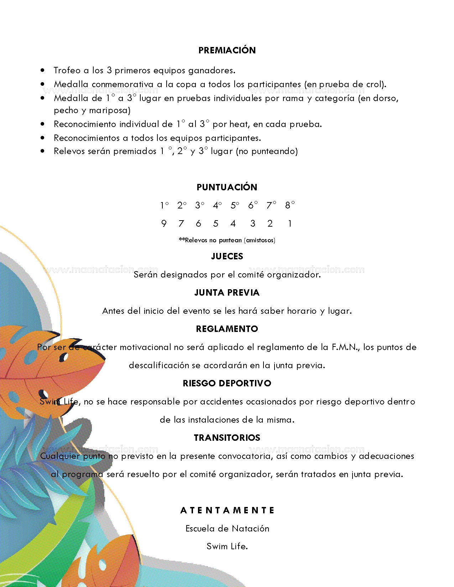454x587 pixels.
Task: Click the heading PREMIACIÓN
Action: [x=227, y=50]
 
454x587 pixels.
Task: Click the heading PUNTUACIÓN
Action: [x=227, y=187]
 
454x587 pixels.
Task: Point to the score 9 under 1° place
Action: [x=164, y=223]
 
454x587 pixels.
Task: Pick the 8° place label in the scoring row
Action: [x=290, y=205]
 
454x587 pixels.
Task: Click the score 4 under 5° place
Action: [x=233, y=223]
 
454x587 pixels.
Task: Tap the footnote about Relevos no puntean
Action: [x=227, y=240]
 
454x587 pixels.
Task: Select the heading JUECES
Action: [x=227, y=256]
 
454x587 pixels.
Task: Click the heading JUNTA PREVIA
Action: [x=227, y=292]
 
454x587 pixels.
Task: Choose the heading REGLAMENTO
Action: [x=227, y=329]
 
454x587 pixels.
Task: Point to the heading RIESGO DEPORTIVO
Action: [x=227, y=383]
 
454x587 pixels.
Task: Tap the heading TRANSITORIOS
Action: [x=227, y=438]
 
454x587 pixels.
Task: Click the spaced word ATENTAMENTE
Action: [x=227, y=510]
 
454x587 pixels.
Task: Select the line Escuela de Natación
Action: [x=227, y=529]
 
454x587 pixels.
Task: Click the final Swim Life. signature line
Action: [x=227, y=546]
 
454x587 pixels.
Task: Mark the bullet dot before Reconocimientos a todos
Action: [x=43, y=138]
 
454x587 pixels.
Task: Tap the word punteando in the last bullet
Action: [x=273, y=152]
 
